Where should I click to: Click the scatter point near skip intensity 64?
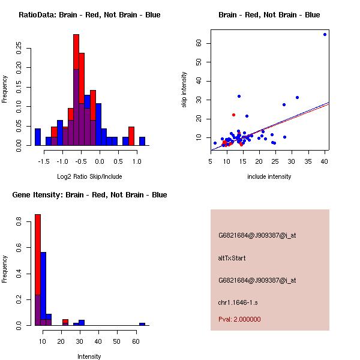(325, 34)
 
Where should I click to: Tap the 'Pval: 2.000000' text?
(239, 319)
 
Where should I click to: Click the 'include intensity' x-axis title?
(269, 176)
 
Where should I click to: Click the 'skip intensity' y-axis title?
(185, 90)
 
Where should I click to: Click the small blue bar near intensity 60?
(142, 324)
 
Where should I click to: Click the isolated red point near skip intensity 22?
(233, 115)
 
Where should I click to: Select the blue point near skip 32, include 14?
(239, 96)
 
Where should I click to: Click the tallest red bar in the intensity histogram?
(38, 270)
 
